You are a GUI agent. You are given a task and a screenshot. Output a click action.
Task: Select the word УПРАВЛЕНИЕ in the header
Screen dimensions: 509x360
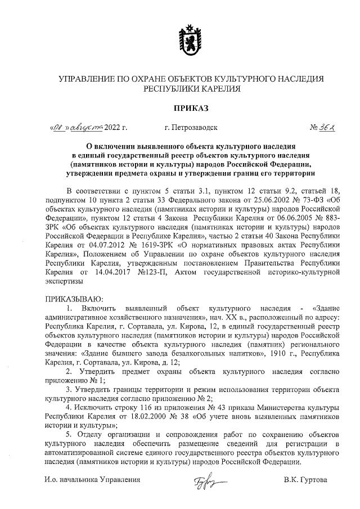click(87, 79)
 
